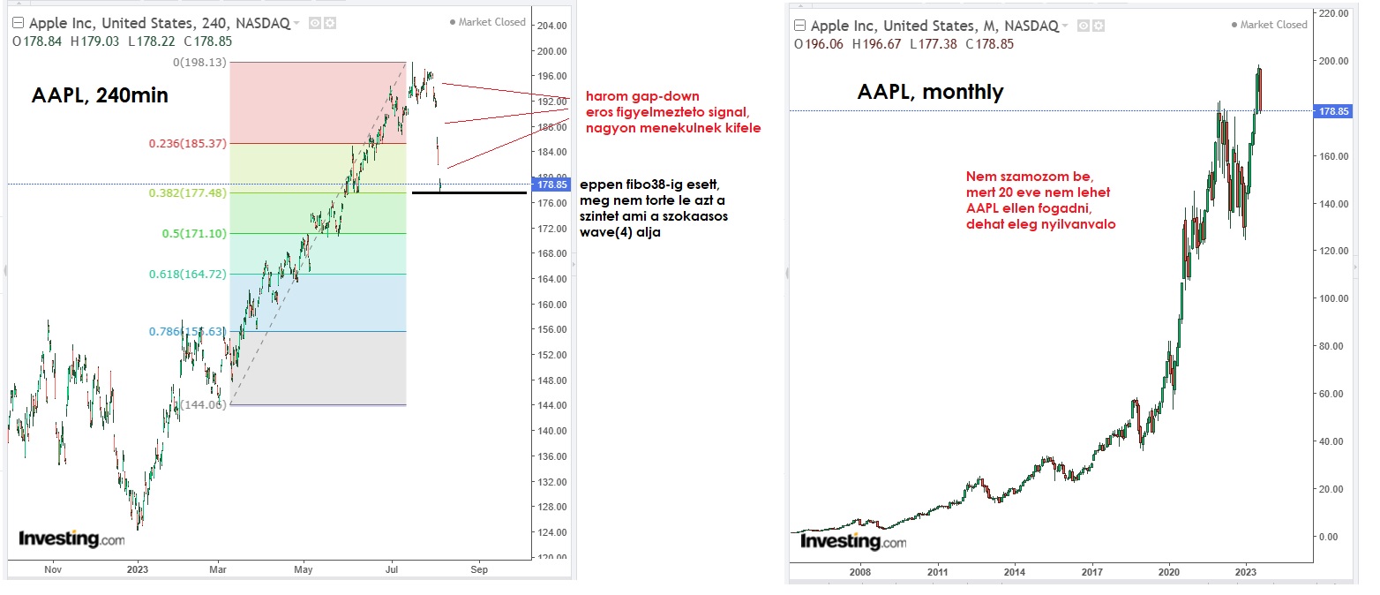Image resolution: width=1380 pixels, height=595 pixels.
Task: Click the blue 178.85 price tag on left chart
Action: [x=553, y=185]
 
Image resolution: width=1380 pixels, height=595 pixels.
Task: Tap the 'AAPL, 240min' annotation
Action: [x=100, y=96]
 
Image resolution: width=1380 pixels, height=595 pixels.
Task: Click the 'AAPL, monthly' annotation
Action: [x=930, y=91]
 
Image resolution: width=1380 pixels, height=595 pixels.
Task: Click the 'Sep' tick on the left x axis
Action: [x=479, y=570]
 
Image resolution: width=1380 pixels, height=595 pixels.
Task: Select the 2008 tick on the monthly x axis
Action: [x=859, y=571]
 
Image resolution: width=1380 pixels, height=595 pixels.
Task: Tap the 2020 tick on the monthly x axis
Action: [x=1169, y=571]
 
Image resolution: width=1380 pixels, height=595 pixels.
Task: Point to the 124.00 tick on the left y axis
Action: [x=553, y=532]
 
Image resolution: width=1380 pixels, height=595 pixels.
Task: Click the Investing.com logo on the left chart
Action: [x=71, y=539]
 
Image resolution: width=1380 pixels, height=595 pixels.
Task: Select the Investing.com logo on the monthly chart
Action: [x=852, y=541]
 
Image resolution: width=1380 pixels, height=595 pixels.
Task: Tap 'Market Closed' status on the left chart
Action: [x=491, y=22]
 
